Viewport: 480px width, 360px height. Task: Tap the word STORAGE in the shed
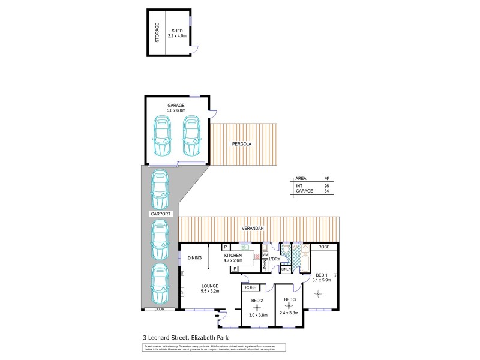(x=157, y=33)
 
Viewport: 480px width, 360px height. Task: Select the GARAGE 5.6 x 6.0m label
(x=176, y=108)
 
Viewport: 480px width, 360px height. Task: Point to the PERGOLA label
(x=243, y=145)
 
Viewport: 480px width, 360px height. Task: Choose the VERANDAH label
(x=252, y=229)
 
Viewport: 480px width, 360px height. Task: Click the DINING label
(x=194, y=258)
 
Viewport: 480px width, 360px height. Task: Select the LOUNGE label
(x=209, y=285)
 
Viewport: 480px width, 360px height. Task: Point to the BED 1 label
(x=321, y=271)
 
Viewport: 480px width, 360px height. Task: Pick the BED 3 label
(x=290, y=299)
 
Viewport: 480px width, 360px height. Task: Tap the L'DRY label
(x=274, y=259)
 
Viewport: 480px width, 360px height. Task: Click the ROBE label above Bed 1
(x=323, y=247)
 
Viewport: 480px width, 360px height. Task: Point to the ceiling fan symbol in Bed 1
(x=319, y=293)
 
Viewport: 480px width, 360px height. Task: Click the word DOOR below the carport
(x=159, y=310)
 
